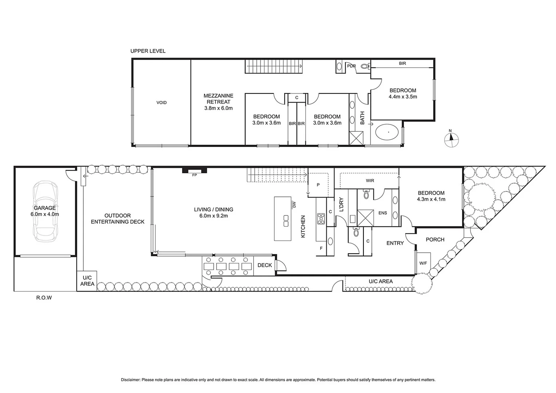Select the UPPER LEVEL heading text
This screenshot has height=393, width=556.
click(x=148, y=51)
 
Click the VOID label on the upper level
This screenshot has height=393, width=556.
click(x=162, y=103)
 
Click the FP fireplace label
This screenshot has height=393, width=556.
click(x=194, y=175)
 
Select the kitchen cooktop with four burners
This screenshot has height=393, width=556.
click(x=321, y=219)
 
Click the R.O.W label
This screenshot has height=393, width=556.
click(x=44, y=298)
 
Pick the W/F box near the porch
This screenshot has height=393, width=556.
click(x=423, y=263)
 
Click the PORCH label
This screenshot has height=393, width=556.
click(x=435, y=239)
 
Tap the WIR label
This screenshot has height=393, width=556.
click(x=370, y=180)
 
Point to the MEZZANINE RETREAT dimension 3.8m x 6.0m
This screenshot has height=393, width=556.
click(x=218, y=108)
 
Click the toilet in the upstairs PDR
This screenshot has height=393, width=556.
click(x=365, y=67)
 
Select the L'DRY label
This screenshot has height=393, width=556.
click(x=341, y=205)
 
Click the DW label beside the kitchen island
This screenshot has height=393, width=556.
click(x=294, y=205)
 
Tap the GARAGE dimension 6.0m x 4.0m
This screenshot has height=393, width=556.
click(x=45, y=214)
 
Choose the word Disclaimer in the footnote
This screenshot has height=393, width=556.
click(x=130, y=380)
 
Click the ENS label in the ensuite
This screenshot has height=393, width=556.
click(x=382, y=213)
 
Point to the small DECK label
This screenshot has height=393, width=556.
click(x=265, y=265)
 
